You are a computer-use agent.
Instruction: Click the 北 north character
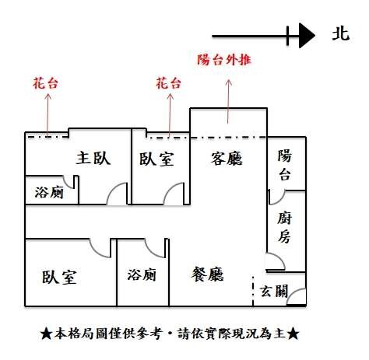(341, 34)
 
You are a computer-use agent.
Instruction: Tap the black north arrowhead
(307, 36)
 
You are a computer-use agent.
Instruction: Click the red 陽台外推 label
(224, 60)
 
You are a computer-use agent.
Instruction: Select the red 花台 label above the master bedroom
(45, 83)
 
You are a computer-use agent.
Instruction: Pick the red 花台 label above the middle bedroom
(168, 83)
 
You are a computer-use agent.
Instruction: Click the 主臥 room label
(93, 158)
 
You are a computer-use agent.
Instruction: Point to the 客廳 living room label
(227, 159)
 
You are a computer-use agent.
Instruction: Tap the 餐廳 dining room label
(207, 274)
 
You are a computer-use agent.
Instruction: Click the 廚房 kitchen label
(284, 228)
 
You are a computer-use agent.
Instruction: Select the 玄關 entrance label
(274, 291)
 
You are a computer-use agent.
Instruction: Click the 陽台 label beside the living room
(285, 165)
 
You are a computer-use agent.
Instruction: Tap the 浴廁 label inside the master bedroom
(49, 192)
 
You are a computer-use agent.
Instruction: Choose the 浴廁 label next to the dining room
(142, 274)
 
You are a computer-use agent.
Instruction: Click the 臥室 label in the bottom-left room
(59, 277)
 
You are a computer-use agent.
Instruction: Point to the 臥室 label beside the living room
(156, 159)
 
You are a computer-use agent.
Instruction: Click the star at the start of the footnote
(47, 334)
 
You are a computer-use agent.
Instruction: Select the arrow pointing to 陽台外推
(228, 102)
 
